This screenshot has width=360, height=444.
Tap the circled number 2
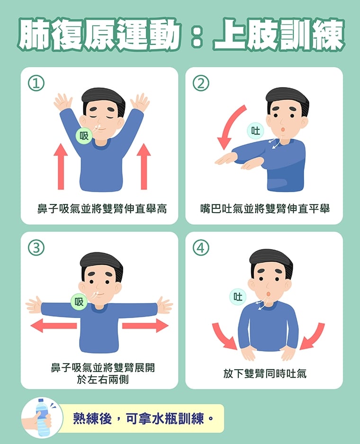tap(201, 83)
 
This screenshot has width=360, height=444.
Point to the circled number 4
tap(201, 248)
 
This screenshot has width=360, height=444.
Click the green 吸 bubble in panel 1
tap(84, 136)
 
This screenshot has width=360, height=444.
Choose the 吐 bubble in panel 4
tap(238, 297)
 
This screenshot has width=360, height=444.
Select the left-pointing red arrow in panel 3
tap(53, 325)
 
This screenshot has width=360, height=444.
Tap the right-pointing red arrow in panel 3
tap(145, 325)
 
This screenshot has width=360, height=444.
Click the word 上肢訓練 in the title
tap(278, 36)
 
